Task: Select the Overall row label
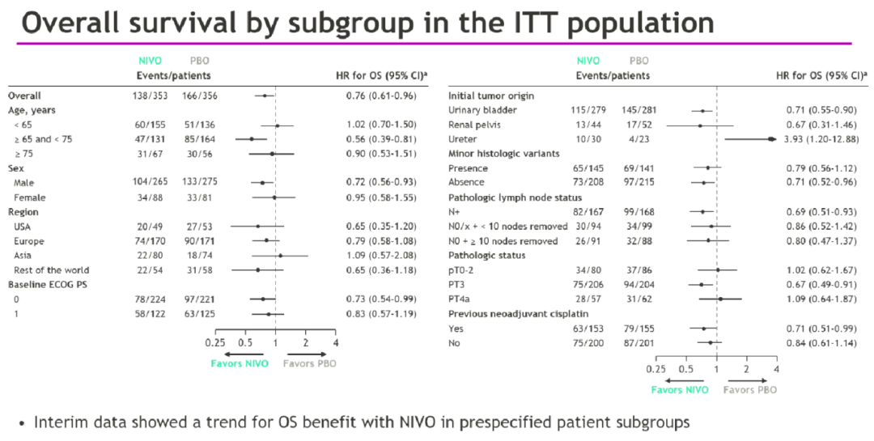click(x=25, y=95)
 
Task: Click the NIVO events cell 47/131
click(x=151, y=138)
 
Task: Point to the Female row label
click(x=30, y=197)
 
